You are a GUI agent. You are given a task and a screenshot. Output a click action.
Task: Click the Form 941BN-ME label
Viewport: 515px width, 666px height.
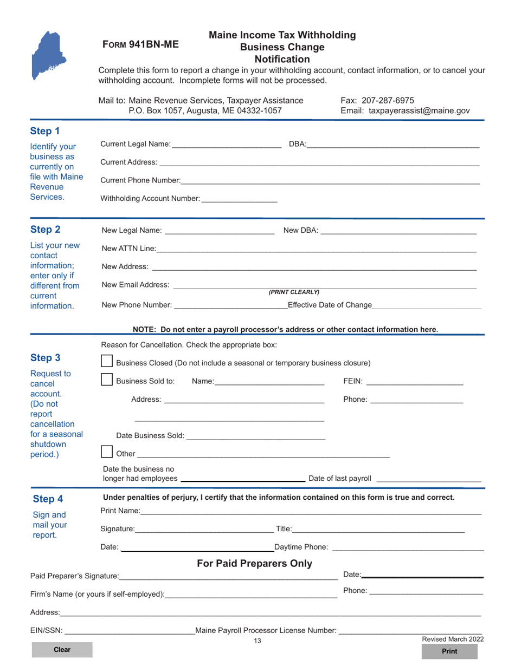[140, 45]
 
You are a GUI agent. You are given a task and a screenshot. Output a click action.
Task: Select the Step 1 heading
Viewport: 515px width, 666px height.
[45, 131]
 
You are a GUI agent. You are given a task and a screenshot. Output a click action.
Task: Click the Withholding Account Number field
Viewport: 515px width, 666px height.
[239, 198]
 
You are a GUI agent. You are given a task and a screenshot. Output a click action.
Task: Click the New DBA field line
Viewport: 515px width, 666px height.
[398, 231]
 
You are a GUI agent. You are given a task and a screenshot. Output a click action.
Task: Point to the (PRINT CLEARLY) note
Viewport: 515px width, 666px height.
[294, 292]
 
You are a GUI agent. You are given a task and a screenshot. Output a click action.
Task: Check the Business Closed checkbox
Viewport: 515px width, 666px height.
[107, 362]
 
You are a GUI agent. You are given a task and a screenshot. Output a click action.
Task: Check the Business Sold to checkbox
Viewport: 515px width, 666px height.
[107, 380]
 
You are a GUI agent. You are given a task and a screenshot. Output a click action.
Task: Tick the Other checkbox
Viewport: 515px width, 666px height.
[107, 452]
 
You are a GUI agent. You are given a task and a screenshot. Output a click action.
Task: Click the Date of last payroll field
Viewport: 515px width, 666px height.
[428, 478]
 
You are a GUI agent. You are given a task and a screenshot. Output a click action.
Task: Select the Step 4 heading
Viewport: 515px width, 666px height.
[48, 499]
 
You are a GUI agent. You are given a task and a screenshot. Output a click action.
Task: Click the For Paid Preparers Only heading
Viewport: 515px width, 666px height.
[254, 564]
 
